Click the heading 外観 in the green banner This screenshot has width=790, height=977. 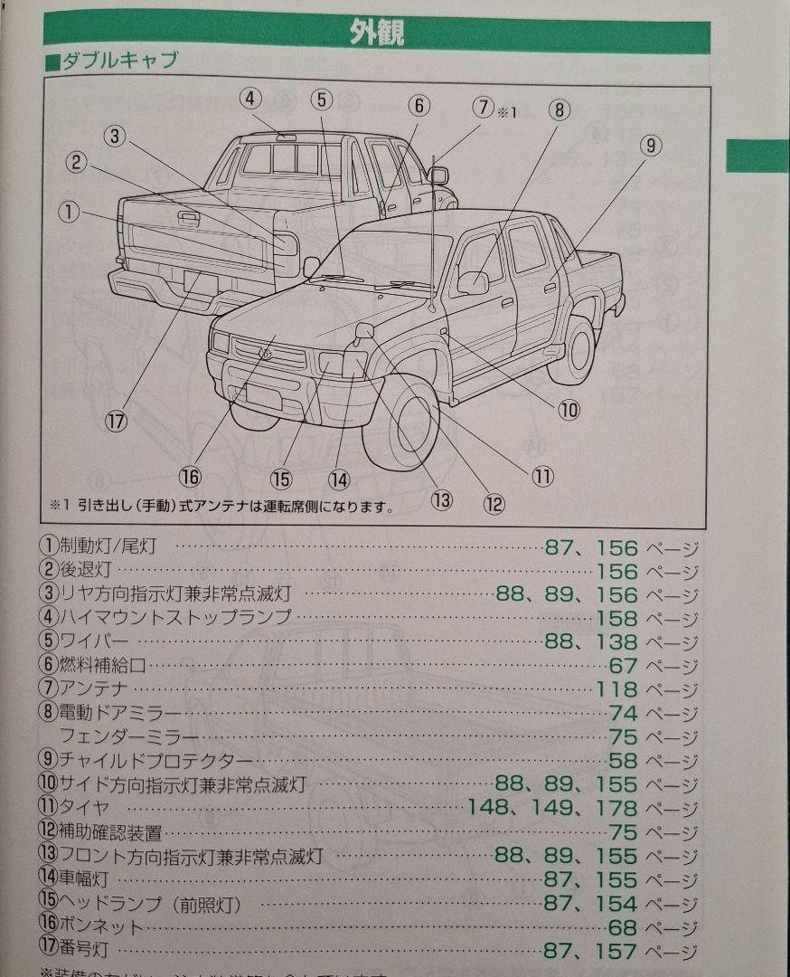click(377, 33)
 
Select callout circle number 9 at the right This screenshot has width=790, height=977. click(651, 145)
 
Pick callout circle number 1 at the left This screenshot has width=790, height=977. click(70, 212)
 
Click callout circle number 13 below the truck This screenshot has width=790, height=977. click(441, 498)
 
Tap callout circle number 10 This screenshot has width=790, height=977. click(568, 410)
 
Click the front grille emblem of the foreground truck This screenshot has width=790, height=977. click(268, 352)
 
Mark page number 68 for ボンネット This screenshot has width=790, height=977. click(624, 927)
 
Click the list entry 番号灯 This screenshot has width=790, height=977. click(84, 951)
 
